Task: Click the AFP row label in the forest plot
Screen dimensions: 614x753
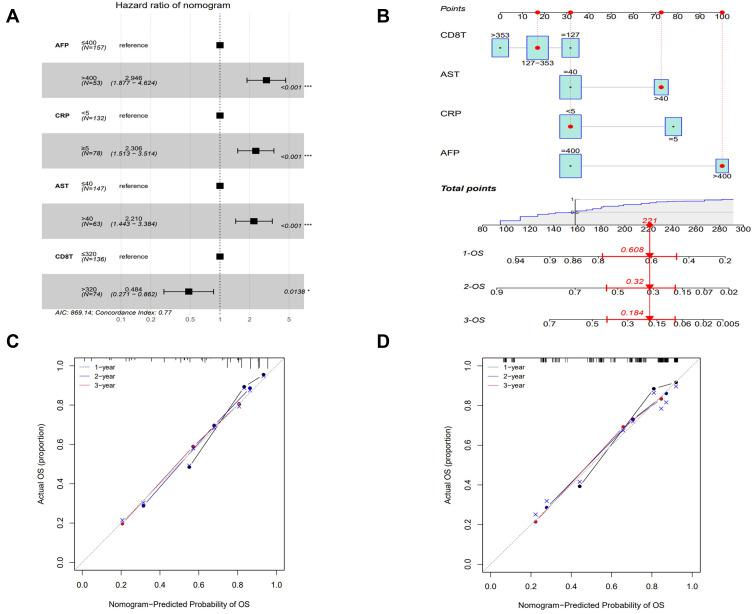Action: tap(62, 46)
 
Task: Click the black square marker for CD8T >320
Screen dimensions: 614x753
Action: tap(189, 291)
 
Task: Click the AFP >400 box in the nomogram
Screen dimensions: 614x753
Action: tap(722, 165)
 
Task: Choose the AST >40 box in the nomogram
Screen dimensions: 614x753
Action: tap(661, 88)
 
